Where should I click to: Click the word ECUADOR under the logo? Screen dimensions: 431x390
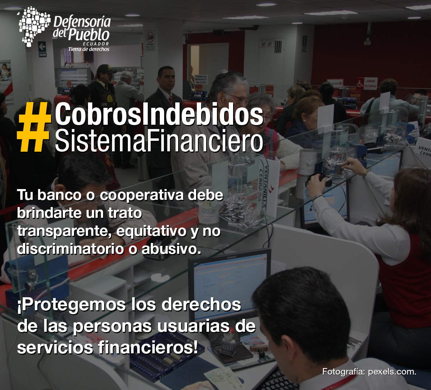96,44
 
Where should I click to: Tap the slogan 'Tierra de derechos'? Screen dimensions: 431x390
89,49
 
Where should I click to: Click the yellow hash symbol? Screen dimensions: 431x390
34,127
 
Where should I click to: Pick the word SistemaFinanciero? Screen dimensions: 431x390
159,141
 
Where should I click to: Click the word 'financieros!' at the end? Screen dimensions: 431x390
148,348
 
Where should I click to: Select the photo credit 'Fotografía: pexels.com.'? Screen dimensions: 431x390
369,372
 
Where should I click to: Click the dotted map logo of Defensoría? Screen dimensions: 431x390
34,26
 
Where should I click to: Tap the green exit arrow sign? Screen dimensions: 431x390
42,46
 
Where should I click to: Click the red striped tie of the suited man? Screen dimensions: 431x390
171,100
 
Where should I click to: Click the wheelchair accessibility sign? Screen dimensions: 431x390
360,84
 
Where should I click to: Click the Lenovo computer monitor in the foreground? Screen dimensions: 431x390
230,286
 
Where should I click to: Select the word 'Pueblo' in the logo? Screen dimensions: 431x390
89,35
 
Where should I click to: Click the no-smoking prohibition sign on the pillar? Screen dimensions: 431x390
150,41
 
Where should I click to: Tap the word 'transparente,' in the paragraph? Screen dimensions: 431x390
65,231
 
